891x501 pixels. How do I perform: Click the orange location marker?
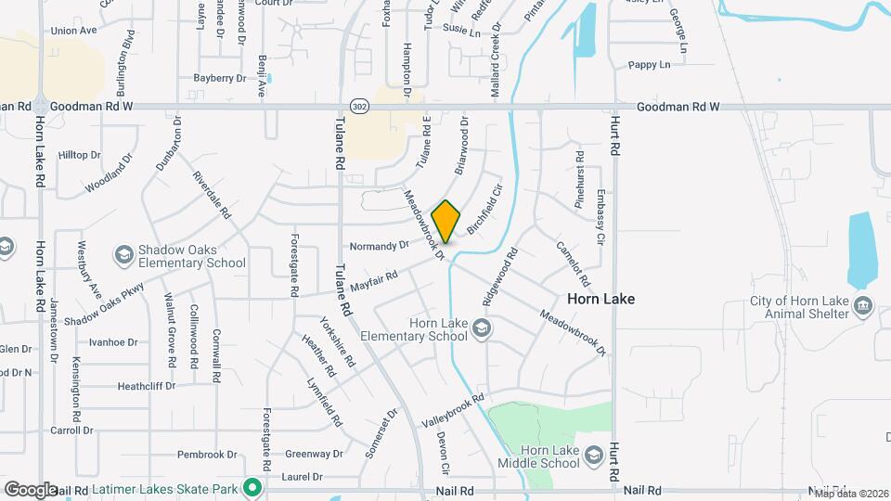coord(446,221)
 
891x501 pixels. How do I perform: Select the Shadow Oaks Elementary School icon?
coord(123,254)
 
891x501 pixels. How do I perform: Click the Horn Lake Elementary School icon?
coord(482,328)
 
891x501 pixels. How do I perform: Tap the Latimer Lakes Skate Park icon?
coord(252,487)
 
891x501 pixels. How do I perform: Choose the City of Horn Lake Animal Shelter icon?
coord(863,306)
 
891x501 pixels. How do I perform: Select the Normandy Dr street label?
coord(379,246)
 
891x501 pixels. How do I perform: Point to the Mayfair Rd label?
coord(374,277)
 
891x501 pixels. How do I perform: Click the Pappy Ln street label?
coord(649,65)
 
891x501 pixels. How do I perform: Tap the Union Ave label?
coord(74,31)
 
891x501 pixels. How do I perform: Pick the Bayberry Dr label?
coord(219,79)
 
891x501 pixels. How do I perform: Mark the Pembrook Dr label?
coord(208,455)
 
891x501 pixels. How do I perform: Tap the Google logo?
coord(31,489)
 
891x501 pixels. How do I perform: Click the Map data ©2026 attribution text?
coord(846,494)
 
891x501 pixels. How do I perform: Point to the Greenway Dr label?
coord(314,455)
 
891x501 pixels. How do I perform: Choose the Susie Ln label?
coord(462,32)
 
